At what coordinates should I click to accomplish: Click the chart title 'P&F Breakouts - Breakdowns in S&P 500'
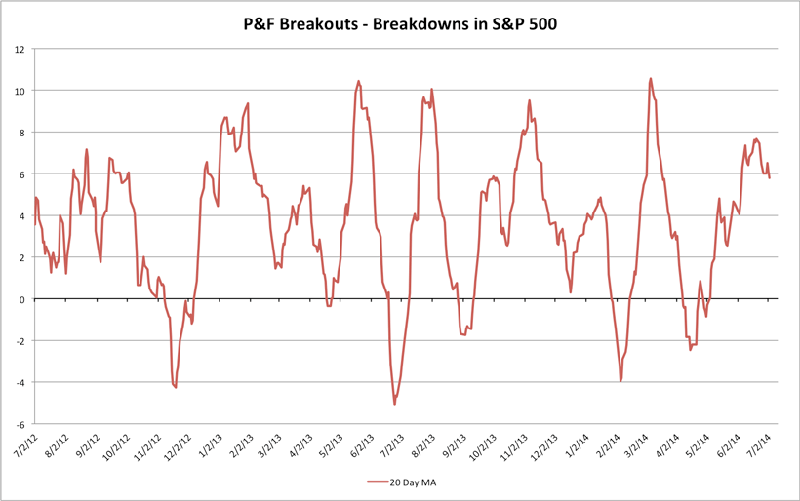[x=400, y=21]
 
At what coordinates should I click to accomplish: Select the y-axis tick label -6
[x=21, y=424]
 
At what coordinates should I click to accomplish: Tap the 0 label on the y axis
[x=24, y=299]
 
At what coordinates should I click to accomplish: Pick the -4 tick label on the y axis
[x=21, y=382]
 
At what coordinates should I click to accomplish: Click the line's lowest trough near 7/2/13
[x=394, y=405]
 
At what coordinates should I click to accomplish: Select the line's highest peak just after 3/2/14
[x=651, y=79]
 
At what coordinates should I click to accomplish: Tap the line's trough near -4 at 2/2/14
[x=621, y=381]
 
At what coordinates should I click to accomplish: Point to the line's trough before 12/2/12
[x=176, y=388]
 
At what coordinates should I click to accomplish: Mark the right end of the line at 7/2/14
[x=770, y=177]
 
